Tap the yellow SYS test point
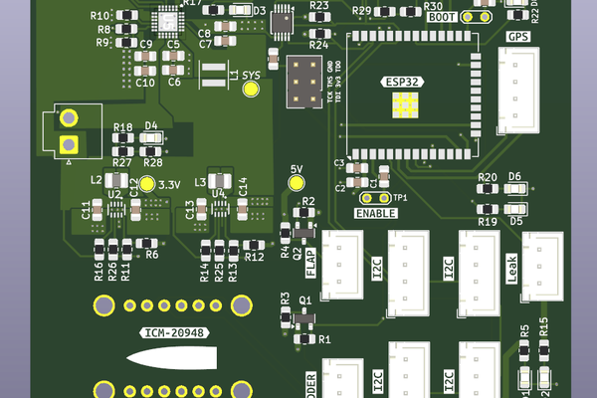(250, 89)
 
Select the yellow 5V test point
(296, 182)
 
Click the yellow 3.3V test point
(147, 184)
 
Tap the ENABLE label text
(375, 213)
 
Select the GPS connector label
(518, 37)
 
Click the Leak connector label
(511, 264)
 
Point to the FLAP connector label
(310, 263)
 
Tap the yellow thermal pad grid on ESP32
(405, 104)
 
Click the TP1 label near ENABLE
(400, 198)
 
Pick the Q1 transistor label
(305, 299)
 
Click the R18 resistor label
(123, 128)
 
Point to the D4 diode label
(151, 125)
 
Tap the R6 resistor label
(152, 255)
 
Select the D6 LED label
(514, 176)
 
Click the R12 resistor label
(254, 257)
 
